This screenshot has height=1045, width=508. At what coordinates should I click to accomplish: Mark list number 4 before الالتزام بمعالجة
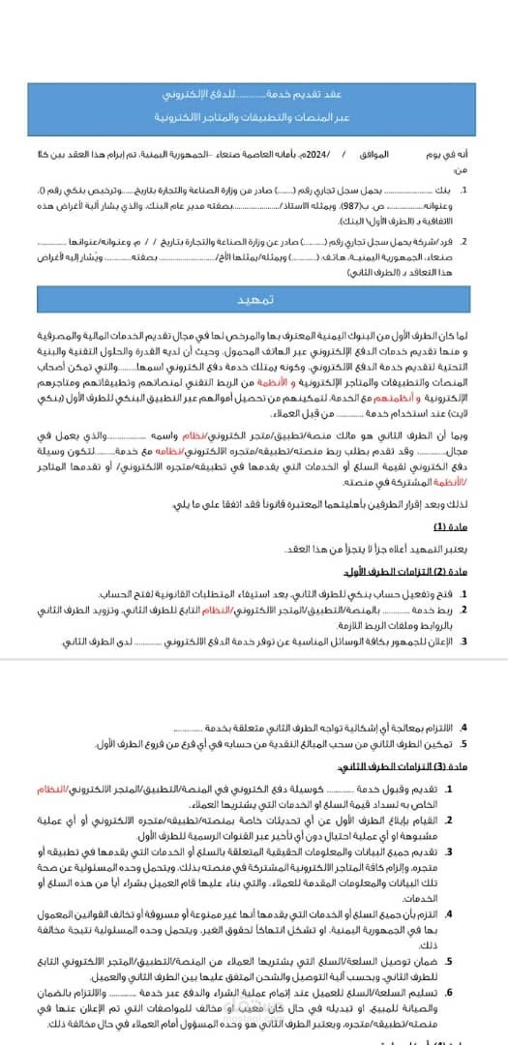[463, 727]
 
